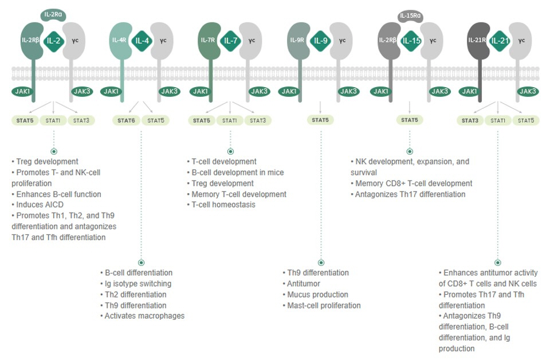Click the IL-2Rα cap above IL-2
point(53,15)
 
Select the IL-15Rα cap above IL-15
point(410,16)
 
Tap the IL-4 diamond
point(142,41)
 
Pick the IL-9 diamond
point(321,41)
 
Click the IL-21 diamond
point(500,41)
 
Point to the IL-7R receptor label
point(207,40)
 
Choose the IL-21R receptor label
point(477,40)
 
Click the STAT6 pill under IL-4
point(126,120)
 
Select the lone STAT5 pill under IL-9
point(320,120)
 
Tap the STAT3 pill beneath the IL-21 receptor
point(470,120)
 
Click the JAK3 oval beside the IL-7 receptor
point(259,92)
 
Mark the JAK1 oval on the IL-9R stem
point(289,92)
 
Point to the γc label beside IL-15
point(433,40)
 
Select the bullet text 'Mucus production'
point(318,295)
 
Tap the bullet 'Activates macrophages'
point(144,316)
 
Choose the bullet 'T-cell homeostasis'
point(223,205)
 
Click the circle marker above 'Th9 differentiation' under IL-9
point(321,263)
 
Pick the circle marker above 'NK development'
point(410,151)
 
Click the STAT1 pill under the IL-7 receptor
point(230,120)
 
